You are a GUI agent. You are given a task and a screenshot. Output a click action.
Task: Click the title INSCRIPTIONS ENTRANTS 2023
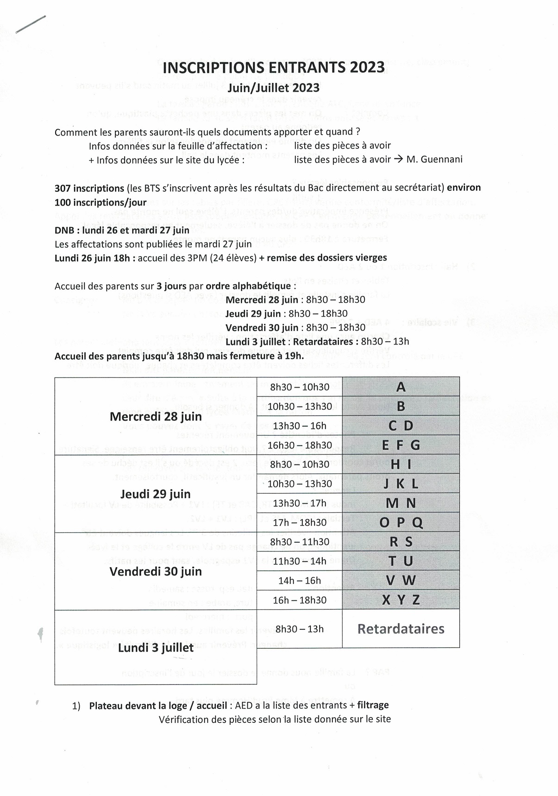[x=274, y=68]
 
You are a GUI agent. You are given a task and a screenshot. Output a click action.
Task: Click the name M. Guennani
[x=434, y=159]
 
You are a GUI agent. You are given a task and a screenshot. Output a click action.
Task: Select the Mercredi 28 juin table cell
[x=156, y=416]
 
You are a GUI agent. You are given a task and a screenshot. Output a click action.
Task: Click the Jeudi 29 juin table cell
[x=156, y=494]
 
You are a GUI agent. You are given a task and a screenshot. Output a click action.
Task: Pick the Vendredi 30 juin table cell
[x=156, y=571]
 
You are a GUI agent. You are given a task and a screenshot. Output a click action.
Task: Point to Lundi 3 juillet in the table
[x=156, y=647]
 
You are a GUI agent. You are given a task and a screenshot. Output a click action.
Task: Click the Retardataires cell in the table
[x=401, y=628]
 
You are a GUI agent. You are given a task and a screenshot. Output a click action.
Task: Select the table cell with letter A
[x=401, y=387]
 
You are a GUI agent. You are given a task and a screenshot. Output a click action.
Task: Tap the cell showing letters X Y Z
[x=401, y=600]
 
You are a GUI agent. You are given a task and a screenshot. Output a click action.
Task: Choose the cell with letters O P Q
[x=401, y=522]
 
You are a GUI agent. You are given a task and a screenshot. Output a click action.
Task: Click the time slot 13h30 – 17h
[x=300, y=503]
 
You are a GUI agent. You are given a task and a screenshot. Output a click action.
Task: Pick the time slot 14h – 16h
[x=300, y=580]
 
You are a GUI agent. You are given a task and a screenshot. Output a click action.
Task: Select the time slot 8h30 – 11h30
[x=300, y=542]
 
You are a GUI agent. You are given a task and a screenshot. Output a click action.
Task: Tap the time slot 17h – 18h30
[x=300, y=522]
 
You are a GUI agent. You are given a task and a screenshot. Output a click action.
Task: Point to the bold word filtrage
[x=373, y=705]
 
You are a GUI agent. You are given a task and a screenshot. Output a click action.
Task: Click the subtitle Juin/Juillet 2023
[x=273, y=88]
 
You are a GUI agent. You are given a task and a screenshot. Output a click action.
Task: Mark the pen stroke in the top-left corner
[x=31, y=25]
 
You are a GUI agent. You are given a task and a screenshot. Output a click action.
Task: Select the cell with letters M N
[x=401, y=503]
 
